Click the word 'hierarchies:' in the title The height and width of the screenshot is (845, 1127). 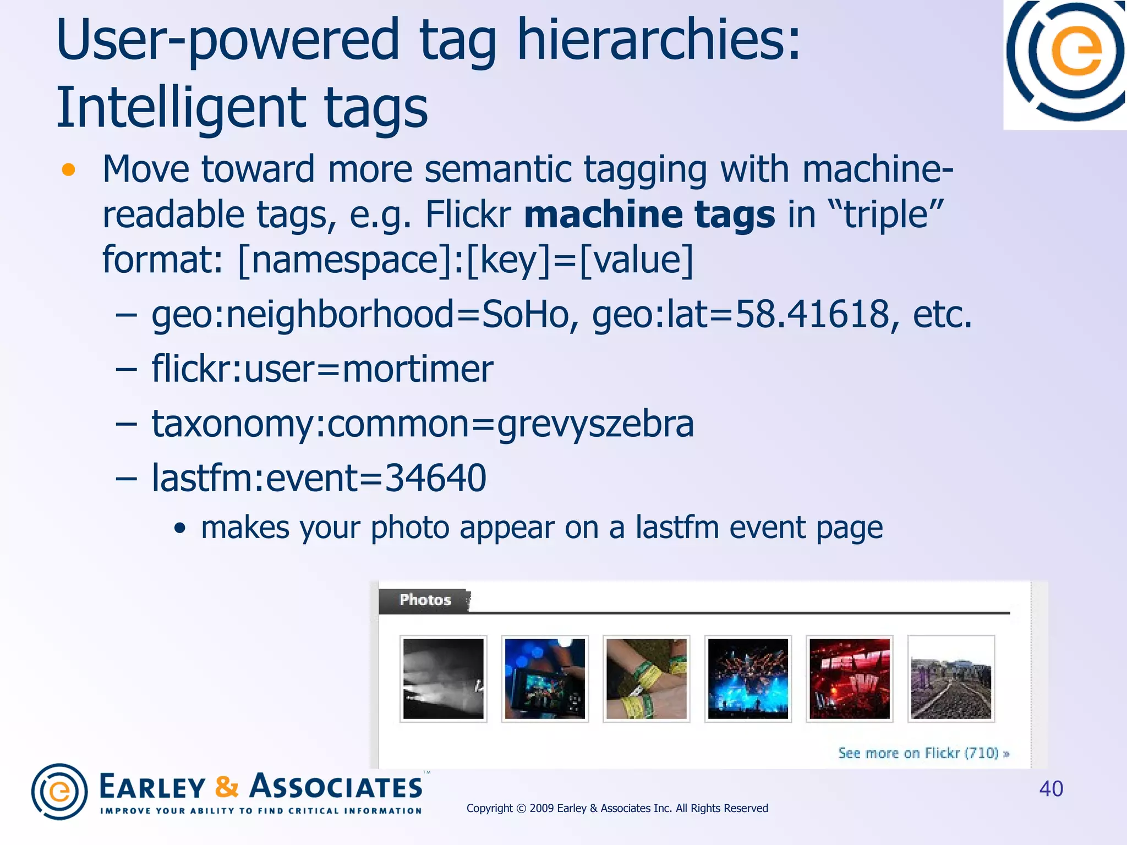click(658, 40)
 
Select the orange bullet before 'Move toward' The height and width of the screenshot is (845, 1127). click(68, 170)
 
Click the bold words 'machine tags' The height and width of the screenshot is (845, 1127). click(649, 215)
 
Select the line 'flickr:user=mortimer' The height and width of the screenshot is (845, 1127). click(322, 369)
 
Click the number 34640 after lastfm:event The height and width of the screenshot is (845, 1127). click(435, 478)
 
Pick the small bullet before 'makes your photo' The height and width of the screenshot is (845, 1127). click(179, 529)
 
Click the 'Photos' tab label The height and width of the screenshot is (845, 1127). click(425, 600)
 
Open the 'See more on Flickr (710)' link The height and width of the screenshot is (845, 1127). click(923, 753)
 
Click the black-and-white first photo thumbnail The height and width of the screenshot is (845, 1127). click(443, 678)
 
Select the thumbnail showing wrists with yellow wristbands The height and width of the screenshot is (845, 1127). click(646, 678)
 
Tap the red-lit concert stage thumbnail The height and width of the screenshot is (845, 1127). click(849, 678)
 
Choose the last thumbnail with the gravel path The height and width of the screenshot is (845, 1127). click(950, 678)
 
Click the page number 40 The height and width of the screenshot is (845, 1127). click(1051, 789)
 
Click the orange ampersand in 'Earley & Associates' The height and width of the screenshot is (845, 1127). click(226, 787)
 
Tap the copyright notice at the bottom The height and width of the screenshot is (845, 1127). click(617, 808)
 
